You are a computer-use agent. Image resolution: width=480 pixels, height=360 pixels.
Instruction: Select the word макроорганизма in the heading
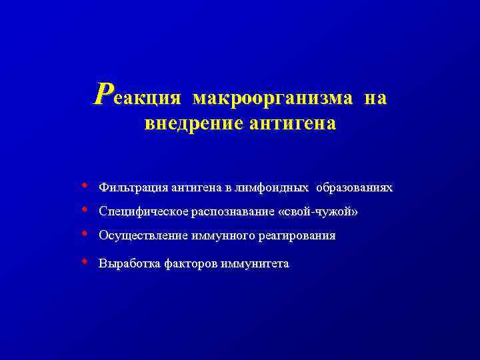tap(273, 98)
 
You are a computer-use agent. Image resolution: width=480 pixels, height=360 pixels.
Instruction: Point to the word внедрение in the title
tap(185, 124)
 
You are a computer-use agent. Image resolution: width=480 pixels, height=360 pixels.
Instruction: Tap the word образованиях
tap(354, 188)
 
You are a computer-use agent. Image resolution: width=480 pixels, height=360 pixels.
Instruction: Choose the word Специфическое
tap(144, 212)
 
